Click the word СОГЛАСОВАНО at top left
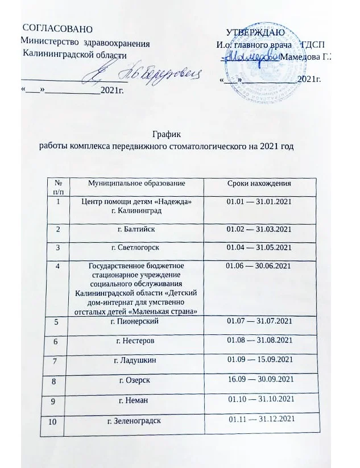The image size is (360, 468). [x=54, y=28]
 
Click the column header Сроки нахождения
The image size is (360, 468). [x=259, y=183]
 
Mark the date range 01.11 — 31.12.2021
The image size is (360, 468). [x=262, y=420]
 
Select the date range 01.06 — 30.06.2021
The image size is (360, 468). [x=259, y=266]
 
